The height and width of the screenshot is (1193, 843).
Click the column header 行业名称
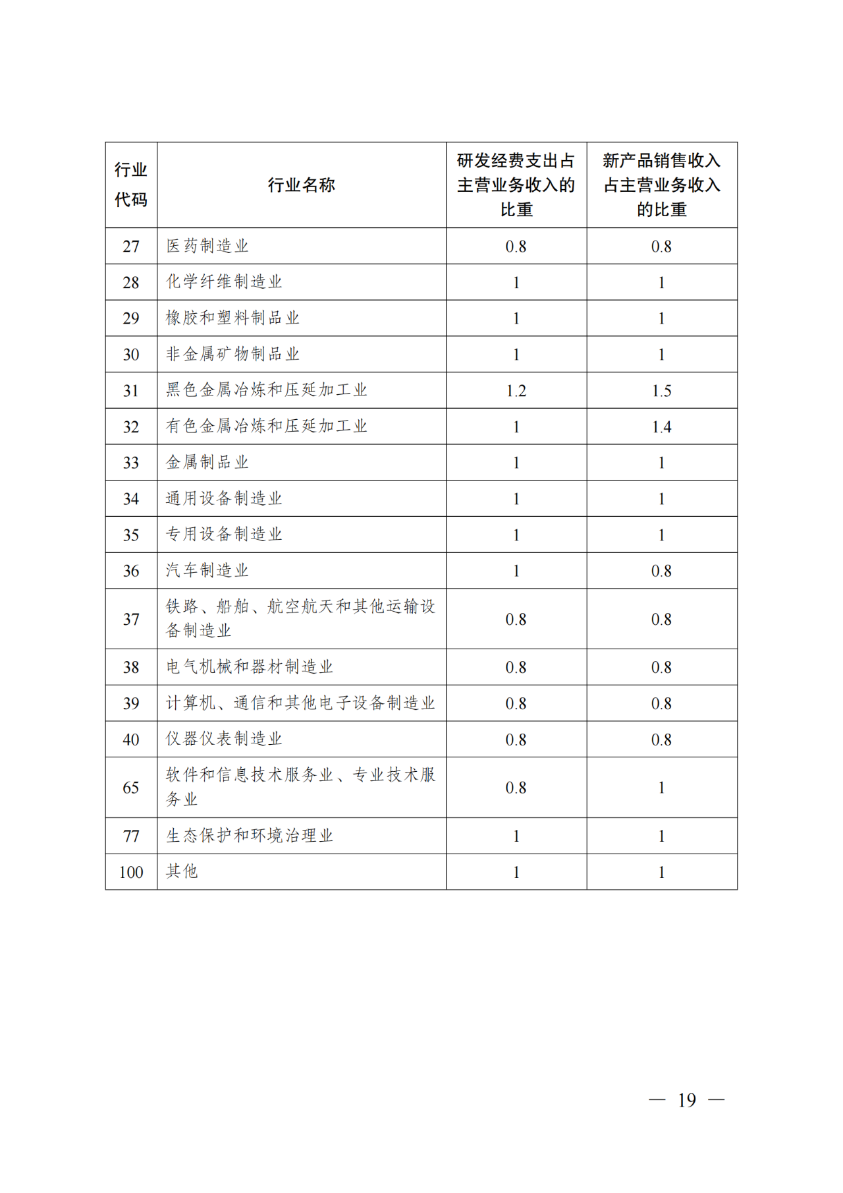click(x=301, y=185)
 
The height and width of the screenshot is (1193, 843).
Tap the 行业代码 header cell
click(x=131, y=185)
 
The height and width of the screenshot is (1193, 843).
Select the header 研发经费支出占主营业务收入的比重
click(x=516, y=185)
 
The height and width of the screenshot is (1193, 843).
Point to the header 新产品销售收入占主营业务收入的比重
click(x=661, y=185)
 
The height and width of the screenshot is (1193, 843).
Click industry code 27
click(x=131, y=247)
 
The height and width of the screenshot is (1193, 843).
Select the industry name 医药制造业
click(x=207, y=246)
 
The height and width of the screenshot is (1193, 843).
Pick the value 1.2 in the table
click(x=516, y=391)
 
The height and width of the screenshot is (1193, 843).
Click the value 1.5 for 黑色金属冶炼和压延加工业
click(x=661, y=391)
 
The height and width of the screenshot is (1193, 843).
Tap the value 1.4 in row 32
click(x=661, y=427)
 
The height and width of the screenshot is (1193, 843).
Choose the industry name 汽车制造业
click(x=207, y=570)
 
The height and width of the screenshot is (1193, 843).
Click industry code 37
click(x=131, y=619)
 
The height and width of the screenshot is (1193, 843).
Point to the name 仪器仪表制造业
click(x=224, y=739)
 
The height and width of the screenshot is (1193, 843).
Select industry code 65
click(x=131, y=788)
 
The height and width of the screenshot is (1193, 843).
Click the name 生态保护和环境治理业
click(x=250, y=836)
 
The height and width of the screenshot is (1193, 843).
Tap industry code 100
click(x=131, y=872)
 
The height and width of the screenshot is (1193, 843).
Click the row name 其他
click(x=182, y=871)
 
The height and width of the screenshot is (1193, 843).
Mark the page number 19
click(x=686, y=1100)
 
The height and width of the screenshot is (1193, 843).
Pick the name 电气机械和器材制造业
click(x=250, y=667)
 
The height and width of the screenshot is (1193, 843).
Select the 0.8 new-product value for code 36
click(x=661, y=571)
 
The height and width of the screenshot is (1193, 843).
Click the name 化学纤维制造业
click(x=224, y=282)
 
